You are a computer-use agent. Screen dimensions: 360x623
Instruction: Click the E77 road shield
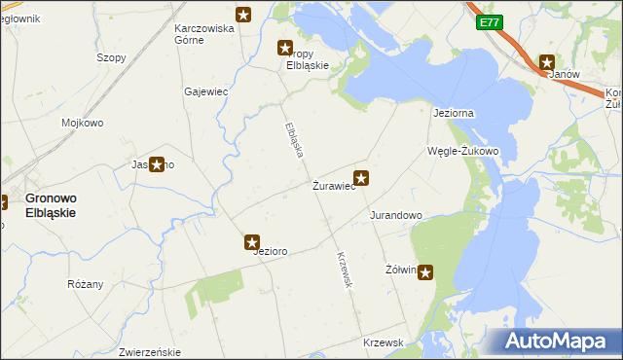490,22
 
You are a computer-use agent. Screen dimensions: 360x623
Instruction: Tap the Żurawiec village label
332,185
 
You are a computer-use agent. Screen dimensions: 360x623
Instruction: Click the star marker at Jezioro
252,242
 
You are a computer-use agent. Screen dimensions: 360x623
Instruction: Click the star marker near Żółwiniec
426,273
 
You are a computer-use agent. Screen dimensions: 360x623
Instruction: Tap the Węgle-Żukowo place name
463,151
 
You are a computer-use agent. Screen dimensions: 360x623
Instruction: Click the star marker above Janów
547,61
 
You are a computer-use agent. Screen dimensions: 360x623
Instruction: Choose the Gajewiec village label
205,91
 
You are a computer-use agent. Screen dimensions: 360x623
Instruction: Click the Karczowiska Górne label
204,34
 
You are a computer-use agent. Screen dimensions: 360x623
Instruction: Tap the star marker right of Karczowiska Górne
242,15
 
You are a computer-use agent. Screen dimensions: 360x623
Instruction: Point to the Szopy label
111,57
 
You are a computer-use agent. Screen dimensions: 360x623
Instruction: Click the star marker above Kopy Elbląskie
285,47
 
